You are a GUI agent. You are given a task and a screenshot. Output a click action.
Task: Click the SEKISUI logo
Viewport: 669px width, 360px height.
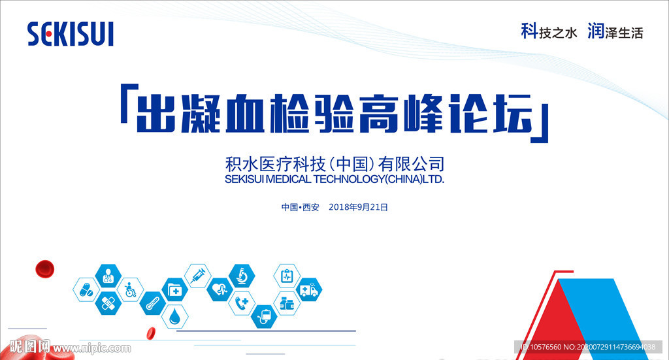coord(71,34)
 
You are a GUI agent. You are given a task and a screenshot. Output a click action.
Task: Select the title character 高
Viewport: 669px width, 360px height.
coord(379,114)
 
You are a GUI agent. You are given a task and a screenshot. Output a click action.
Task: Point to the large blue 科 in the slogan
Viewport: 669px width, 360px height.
coord(529,31)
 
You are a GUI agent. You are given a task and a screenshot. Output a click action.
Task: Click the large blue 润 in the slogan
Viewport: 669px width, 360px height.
coord(596,31)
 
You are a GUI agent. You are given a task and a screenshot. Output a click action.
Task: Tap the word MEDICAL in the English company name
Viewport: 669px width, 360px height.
coord(288,179)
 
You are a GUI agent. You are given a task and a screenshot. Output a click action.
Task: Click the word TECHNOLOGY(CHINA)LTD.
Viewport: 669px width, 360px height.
coord(379,179)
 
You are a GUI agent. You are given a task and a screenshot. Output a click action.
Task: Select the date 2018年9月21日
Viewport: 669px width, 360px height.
coord(359,207)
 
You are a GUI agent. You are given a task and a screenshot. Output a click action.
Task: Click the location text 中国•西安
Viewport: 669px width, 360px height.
coord(300,207)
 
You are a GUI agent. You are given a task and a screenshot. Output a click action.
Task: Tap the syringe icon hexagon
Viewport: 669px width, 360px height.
coord(197,276)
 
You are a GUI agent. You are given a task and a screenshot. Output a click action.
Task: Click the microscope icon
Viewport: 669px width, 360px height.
coord(242,276)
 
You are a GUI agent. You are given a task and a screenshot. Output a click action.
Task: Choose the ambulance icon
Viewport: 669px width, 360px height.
coord(309,290)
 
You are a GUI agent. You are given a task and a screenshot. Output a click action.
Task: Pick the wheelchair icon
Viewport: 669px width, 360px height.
coord(130,289)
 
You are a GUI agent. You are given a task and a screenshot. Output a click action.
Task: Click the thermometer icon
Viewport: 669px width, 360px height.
coord(153,304)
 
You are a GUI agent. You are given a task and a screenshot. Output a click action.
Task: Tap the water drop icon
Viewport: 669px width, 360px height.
coord(175,317)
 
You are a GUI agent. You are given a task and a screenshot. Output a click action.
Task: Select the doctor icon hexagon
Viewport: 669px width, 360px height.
coord(108,276)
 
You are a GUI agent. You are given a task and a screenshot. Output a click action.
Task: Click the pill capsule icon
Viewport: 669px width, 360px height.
coord(86,290)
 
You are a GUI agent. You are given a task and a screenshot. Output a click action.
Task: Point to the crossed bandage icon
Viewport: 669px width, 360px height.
coord(108,303)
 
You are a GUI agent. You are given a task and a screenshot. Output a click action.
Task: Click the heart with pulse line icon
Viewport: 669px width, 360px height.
coord(220,289)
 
